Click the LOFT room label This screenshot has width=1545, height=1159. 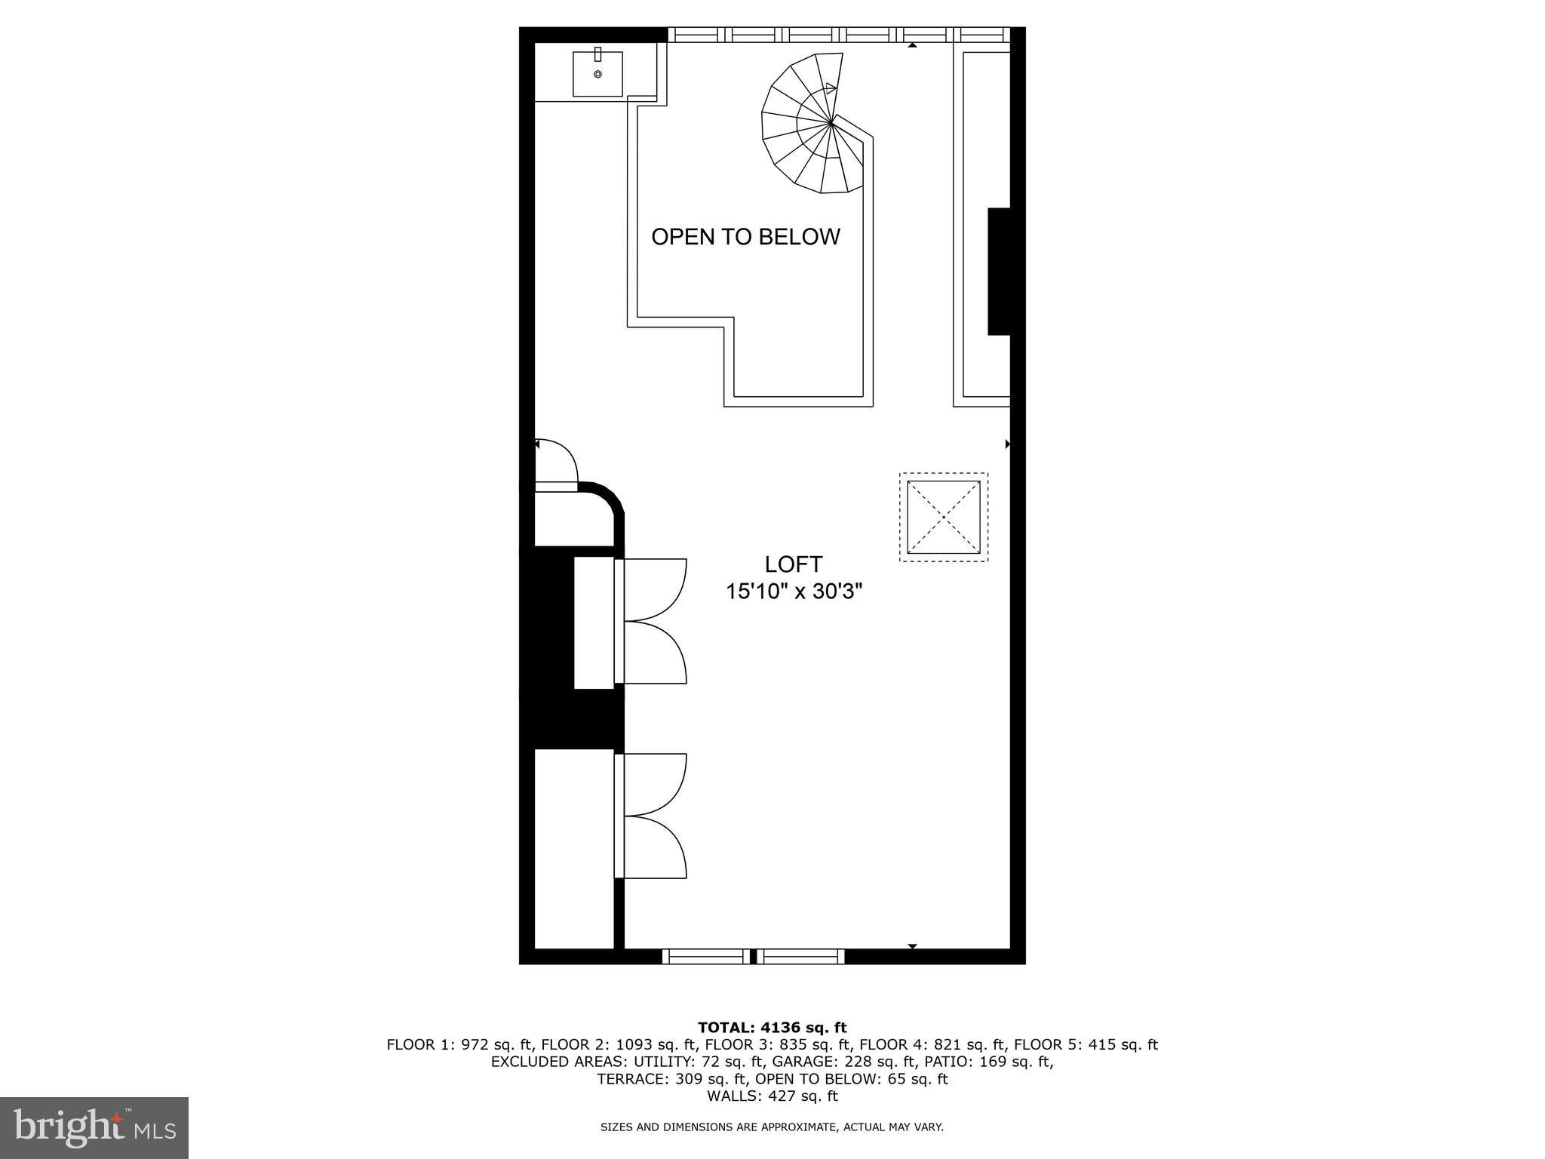(793, 564)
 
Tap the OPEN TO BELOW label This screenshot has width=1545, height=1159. (745, 237)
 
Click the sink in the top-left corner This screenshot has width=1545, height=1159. (597, 73)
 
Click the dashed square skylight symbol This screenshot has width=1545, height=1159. (944, 517)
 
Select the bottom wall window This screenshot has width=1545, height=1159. (754, 956)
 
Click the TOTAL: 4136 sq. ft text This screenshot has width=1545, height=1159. (772, 1028)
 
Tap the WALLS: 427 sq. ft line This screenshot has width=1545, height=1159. (772, 1096)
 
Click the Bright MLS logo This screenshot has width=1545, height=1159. (94, 1127)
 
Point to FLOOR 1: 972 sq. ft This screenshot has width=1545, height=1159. (460, 1045)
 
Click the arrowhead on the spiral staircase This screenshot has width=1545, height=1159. (831, 88)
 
